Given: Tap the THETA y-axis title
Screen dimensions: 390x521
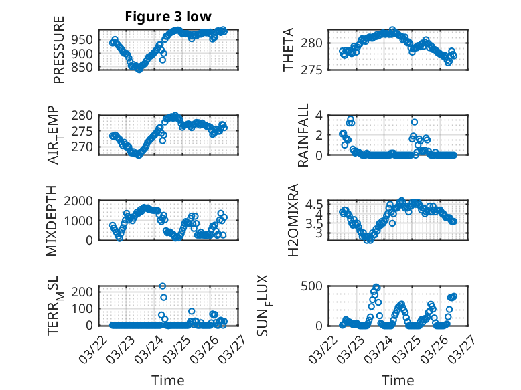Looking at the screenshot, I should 289,50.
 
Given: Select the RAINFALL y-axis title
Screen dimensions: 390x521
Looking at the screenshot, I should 303,135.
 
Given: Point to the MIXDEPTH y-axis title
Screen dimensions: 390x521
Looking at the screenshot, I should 52,221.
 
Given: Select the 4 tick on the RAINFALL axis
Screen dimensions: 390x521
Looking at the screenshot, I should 320,116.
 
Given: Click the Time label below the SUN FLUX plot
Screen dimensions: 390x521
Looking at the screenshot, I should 398,381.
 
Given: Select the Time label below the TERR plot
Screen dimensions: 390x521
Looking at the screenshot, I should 168,381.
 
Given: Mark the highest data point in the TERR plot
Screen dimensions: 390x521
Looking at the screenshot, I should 163,286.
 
